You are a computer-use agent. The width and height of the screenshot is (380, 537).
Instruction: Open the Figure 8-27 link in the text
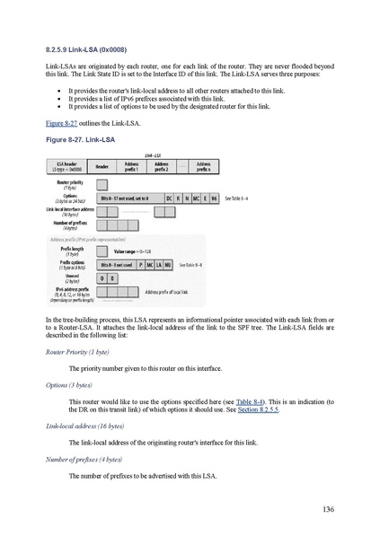[x=59, y=122]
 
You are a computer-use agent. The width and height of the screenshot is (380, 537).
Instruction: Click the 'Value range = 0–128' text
[x=135, y=252]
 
